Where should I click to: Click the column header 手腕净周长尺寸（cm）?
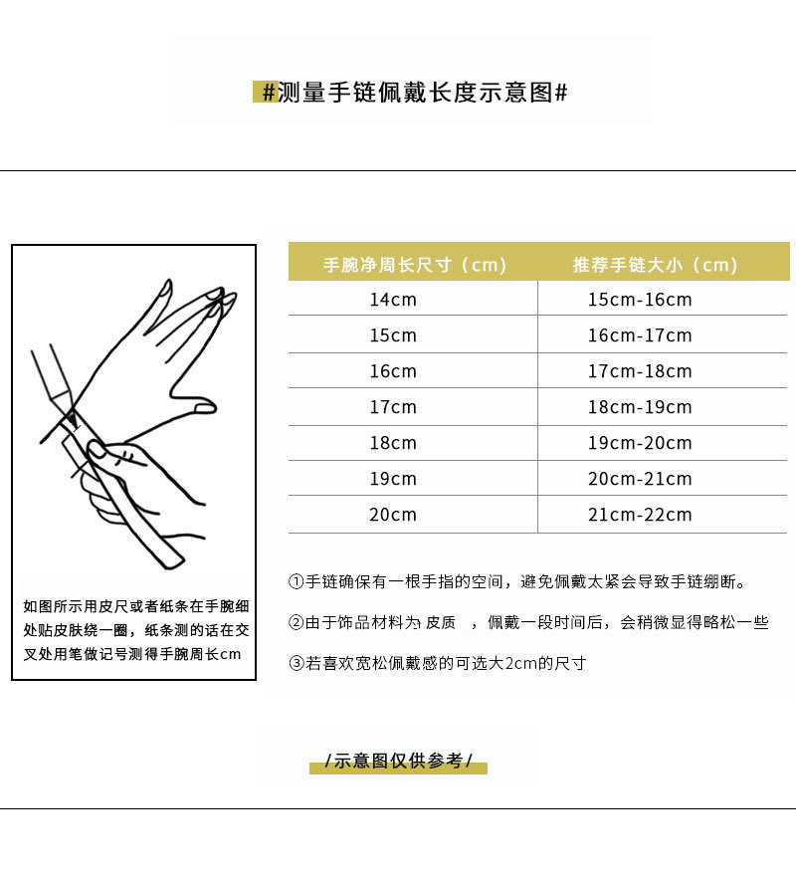tap(415, 265)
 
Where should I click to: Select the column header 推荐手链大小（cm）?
tap(655, 265)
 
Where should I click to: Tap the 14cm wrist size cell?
tap(393, 300)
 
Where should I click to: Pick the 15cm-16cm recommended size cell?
tap(639, 300)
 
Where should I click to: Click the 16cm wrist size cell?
tap(393, 371)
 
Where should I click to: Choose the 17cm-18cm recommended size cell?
tap(639, 371)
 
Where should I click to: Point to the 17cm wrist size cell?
tap(393, 407)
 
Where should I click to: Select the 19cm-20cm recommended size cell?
tap(639, 443)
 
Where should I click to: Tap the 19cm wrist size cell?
tap(393, 479)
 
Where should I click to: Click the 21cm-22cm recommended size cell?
tap(639, 515)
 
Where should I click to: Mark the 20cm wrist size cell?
tap(393, 515)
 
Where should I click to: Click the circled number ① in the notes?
tap(296, 582)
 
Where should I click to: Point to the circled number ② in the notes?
tap(296, 623)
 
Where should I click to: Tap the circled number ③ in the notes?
tap(296, 663)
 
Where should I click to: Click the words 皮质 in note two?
tap(441, 623)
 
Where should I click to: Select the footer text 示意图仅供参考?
tap(398, 762)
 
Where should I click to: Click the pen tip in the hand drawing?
tap(73, 405)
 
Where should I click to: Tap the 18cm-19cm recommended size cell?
tap(639, 407)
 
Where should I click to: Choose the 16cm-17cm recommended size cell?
tap(639, 335)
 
